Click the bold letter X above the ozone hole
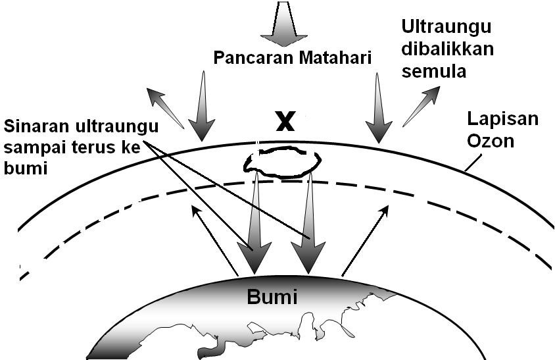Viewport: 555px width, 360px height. (285, 121)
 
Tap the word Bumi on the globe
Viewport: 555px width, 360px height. (272, 297)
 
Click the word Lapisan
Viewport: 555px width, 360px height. (502, 118)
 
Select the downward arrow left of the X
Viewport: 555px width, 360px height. (201, 105)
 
